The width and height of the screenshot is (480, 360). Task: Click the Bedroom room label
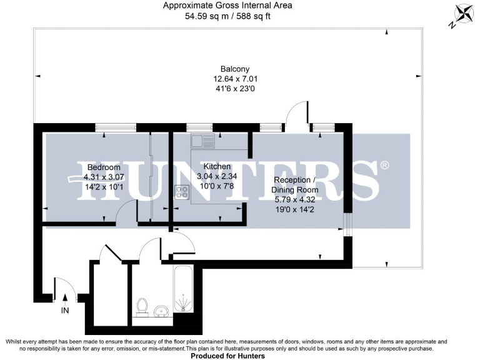pos(104,167)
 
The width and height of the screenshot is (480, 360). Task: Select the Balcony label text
pos(236,69)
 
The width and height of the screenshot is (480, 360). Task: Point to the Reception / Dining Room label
pos(296,185)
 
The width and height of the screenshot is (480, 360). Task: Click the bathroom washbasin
pos(162,311)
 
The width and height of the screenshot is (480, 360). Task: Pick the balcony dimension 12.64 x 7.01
pos(236,79)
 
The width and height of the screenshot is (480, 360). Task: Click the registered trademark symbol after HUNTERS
pos(385,166)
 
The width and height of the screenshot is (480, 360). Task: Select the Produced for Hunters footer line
pos(227,356)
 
